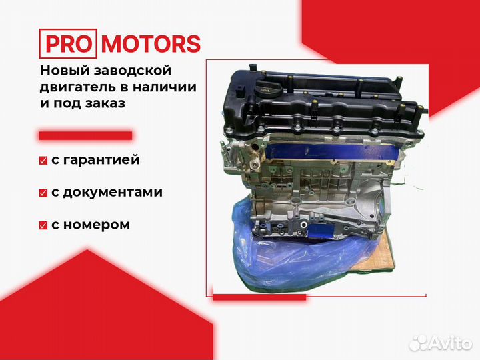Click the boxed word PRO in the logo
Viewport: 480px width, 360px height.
pyautogui.click(x=68, y=44)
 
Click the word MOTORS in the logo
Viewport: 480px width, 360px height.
pyautogui.click(x=151, y=44)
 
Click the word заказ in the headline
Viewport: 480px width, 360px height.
pyautogui.click(x=104, y=103)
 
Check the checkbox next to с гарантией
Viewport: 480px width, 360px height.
pyautogui.click(x=43, y=161)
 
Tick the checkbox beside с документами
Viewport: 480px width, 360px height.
pyautogui.click(x=43, y=193)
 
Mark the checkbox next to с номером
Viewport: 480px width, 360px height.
pyautogui.click(x=43, y=225)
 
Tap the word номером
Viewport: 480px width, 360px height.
pyautogui.click(x=96, y=225)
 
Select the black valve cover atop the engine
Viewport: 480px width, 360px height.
pyautogui.click(x=321, y=101)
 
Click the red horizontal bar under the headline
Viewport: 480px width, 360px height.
pyautogui.click(x=85, y=135)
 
